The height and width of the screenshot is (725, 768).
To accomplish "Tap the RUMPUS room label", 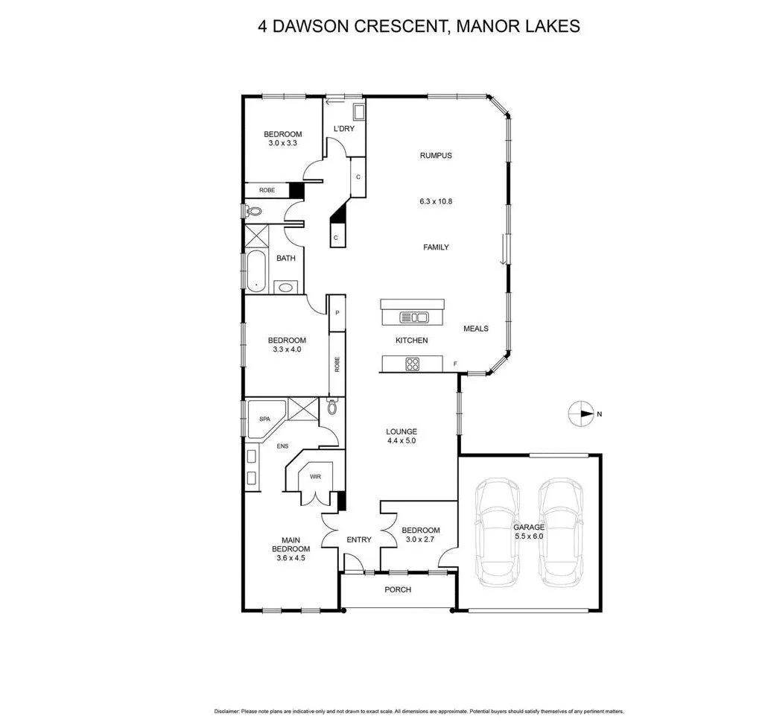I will click(x=436, y=156).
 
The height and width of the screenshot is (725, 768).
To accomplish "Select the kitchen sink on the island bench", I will click(x=414, y=317).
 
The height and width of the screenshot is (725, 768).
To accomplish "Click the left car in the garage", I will click(x=499, y=531).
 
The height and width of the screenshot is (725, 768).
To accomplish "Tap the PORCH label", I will click(x=398, y=590).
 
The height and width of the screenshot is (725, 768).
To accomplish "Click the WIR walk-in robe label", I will click(x=315, y=475).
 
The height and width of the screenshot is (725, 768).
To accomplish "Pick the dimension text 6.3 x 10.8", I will click(x=436, y=201).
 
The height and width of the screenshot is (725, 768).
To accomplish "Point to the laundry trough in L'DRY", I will click(x=358, y=113).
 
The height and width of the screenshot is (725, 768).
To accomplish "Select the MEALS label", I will click(x=476, y=329).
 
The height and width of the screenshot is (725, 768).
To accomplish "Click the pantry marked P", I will click(x=337, y=313).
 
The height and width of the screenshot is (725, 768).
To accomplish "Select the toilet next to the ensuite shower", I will click(x=332, y=407).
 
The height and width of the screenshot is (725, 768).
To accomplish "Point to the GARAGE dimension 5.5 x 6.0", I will click(x=529, y=536).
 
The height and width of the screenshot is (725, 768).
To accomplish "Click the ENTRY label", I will click(x=359, y=540).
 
